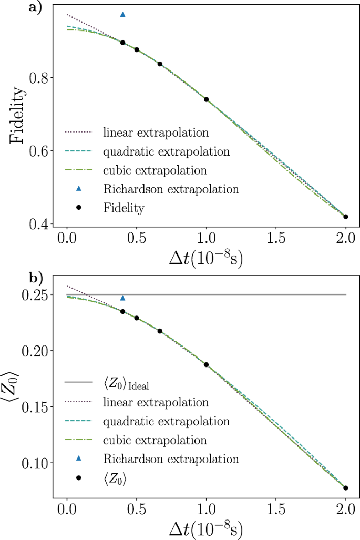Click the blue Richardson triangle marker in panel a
123,14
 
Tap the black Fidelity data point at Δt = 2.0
346,217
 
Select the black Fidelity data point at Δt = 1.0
207,99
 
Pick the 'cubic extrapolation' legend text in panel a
155,170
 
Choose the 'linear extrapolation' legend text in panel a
156,131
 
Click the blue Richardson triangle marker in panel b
123,298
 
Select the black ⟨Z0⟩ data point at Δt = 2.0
346,488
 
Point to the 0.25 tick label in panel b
34,295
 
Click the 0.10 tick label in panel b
34,463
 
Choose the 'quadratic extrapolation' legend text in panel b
167,422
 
